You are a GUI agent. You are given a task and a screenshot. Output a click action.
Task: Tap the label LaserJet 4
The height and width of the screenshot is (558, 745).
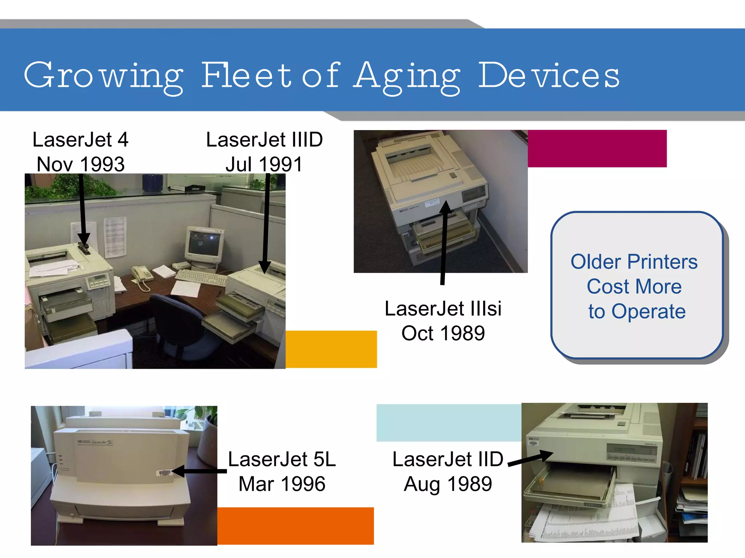click(80, 140)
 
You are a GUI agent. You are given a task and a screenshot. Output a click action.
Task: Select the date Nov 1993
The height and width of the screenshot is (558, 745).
click(80, 164)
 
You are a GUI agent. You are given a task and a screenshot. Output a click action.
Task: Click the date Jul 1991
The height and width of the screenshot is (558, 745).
click(264, 164)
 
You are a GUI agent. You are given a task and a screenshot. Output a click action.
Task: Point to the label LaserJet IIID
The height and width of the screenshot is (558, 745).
click(264, 140)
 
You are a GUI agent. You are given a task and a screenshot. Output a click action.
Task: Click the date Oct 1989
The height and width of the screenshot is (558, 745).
click(443, 333)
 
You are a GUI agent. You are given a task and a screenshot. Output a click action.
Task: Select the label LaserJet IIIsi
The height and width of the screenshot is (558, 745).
click(443, 309)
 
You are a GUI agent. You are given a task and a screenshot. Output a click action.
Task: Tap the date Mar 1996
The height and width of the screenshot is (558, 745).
click(282, 484)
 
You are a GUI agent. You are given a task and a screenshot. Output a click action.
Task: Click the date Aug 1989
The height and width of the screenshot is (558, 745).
click(447, 484)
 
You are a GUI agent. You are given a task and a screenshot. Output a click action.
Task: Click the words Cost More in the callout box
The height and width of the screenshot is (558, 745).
click(634, 286)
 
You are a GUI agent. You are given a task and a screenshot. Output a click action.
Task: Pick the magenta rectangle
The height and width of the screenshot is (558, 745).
click(597, 149)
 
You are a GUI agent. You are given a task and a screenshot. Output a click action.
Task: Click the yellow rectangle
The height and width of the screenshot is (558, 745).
click(331, 349)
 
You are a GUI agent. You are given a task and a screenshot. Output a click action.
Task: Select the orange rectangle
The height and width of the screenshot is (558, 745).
click(295, 526)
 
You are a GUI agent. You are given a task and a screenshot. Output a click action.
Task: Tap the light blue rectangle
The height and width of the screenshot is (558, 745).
click(449, 423)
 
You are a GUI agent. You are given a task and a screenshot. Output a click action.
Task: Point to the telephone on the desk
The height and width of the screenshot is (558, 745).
click(142, 274)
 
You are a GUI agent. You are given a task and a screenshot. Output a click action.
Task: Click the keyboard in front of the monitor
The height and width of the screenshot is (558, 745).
click(201, 278)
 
